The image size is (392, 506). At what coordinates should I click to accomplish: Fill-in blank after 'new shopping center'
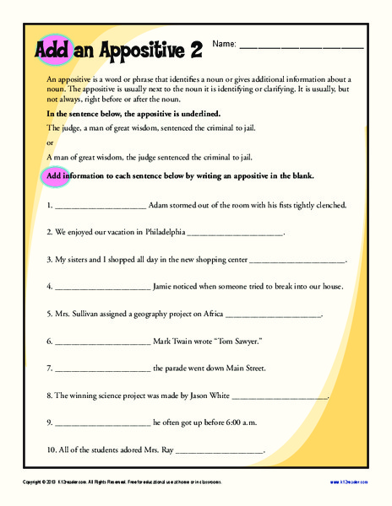(298, 260)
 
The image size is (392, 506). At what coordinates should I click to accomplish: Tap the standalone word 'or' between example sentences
(49, 142)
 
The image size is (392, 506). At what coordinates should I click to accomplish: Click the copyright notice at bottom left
(122, 482)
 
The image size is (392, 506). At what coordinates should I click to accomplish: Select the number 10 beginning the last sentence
(51, 450)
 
